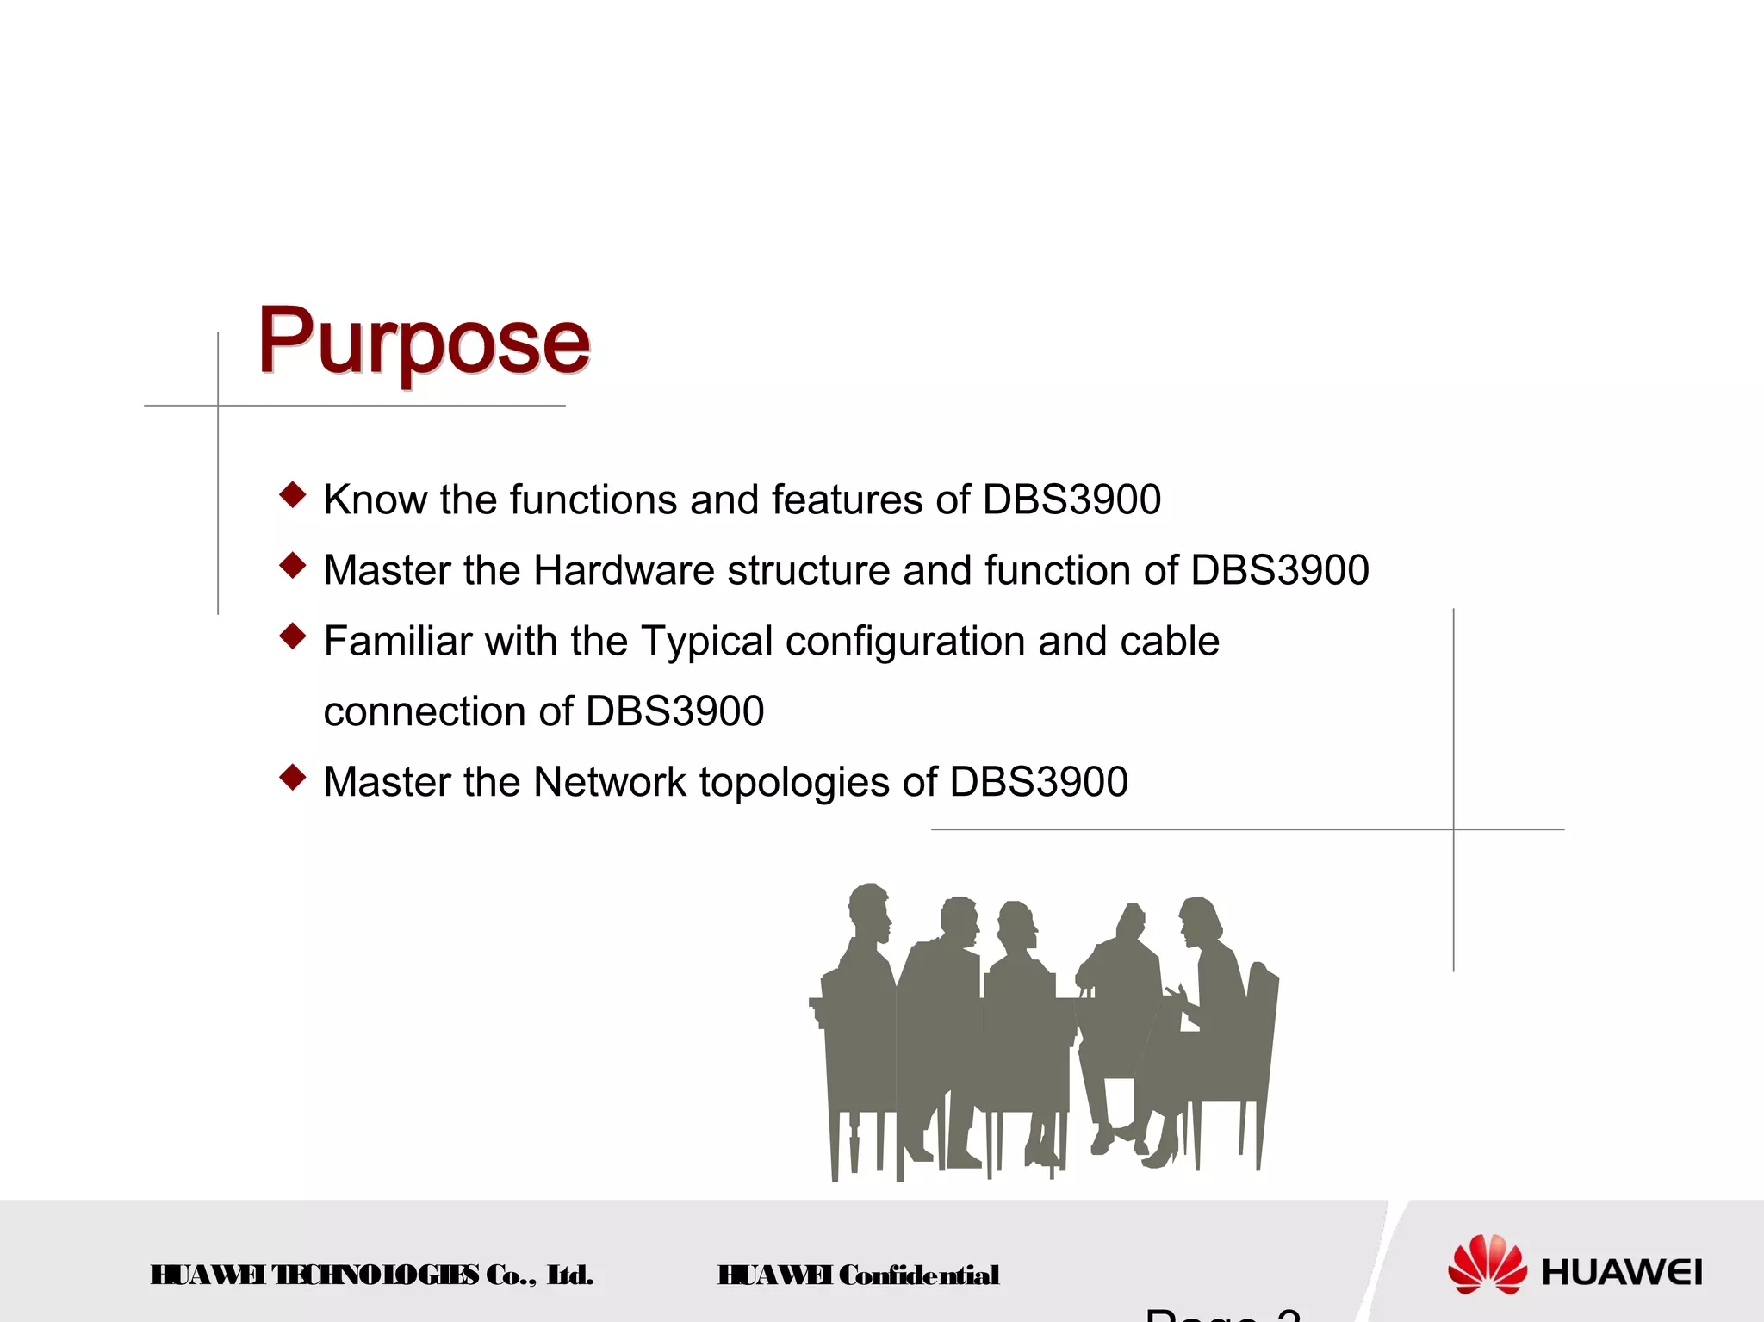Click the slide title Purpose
(x=424, y=342)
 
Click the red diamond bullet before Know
(x=293, y=494)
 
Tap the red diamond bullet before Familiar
(x=293, y=636)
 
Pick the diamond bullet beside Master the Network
(x=293, y=777)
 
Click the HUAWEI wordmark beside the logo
(x=1622, y=1272)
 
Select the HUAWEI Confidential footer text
(x=858, y=1275)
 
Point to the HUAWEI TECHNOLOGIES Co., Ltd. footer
(x=371, y=1275)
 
